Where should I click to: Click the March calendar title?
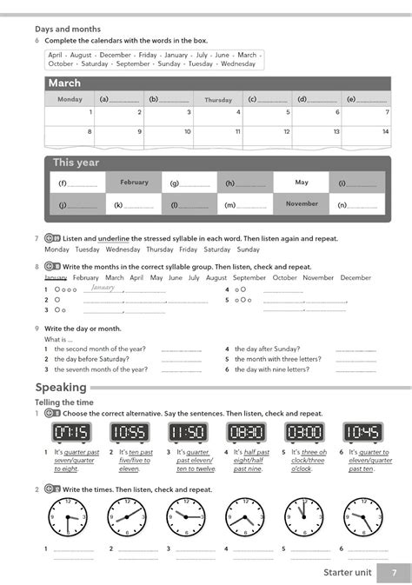pyautogui.click(x=65, y=83)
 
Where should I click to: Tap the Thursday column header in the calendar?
pyautogui.click(x=218, y=100)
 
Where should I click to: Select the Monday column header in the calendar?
pyautogui.click(x=70, y=100)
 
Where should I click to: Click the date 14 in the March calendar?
pyautogui.click(x=385, y=132)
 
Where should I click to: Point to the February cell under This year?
pyautogui.click(x=134, y=183)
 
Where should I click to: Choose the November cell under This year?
pyautogui.click(x=302, y=204)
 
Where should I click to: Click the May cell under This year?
pyautogui.click(x=302, y=183)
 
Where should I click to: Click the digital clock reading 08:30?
pyautogui.click(x=246, y=432)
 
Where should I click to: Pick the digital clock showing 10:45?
pyautogui.click(x=362, y=432)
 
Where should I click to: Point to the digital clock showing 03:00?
pyautogui.click(x=304, y=432)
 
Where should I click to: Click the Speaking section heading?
pyautogui.click(x=61, y=387)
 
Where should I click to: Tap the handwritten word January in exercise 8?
pyautogui.click(x=103, y=288)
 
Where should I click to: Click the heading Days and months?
pyautogui.click(x=68, y=30)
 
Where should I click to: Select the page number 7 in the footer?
pyautogui.click(x=395, y=573)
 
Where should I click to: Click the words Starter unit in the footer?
pyautogui.click(x=347, y=573)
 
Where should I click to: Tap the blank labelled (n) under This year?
pyautogui.click(x=360, y=205)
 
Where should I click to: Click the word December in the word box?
pyautogui.click(x=116, y=54)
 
